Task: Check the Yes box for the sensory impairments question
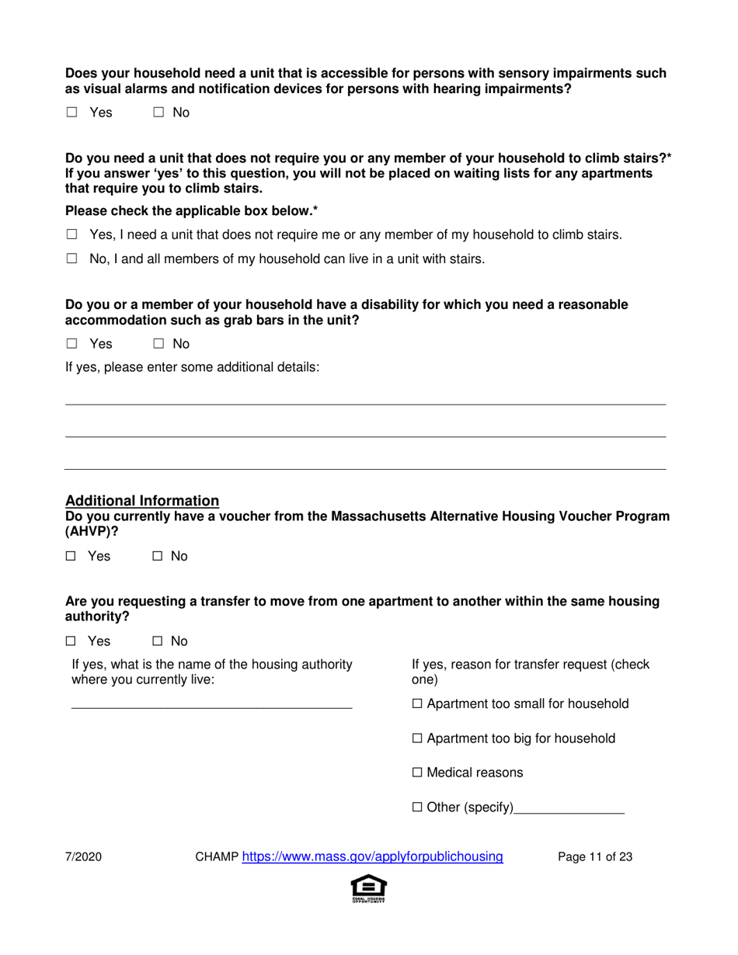[x=71, y=113]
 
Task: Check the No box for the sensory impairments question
[x=158, y=113]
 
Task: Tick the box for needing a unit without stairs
[x=71, y=234]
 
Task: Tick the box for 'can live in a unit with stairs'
[x=71, y=260]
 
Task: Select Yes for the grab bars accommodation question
[x=71, y=344]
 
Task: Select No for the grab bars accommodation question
[x=158, y=344]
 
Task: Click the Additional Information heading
[x=142, y=501]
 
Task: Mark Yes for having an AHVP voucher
[x=70, y=557]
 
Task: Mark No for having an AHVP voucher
[x=157, y=557]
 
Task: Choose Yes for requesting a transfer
[x=70, y=641]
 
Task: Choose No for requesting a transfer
[x=157, y=641]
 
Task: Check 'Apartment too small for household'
[x=417, y=704]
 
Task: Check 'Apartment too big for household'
[x=417, y=738]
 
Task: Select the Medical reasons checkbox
[x=417, y=773]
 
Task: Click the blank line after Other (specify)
[x=569, y=809]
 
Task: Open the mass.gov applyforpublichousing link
[x=373, y=857]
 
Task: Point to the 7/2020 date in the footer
[x=83, y=857]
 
